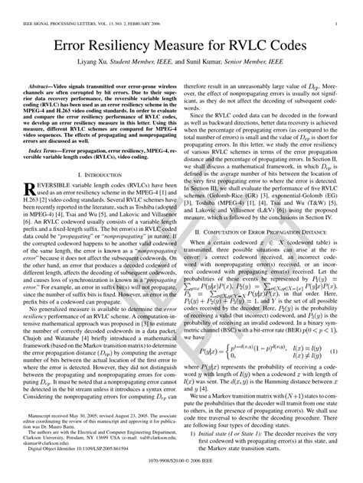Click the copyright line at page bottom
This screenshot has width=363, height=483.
(x=181, y=473)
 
